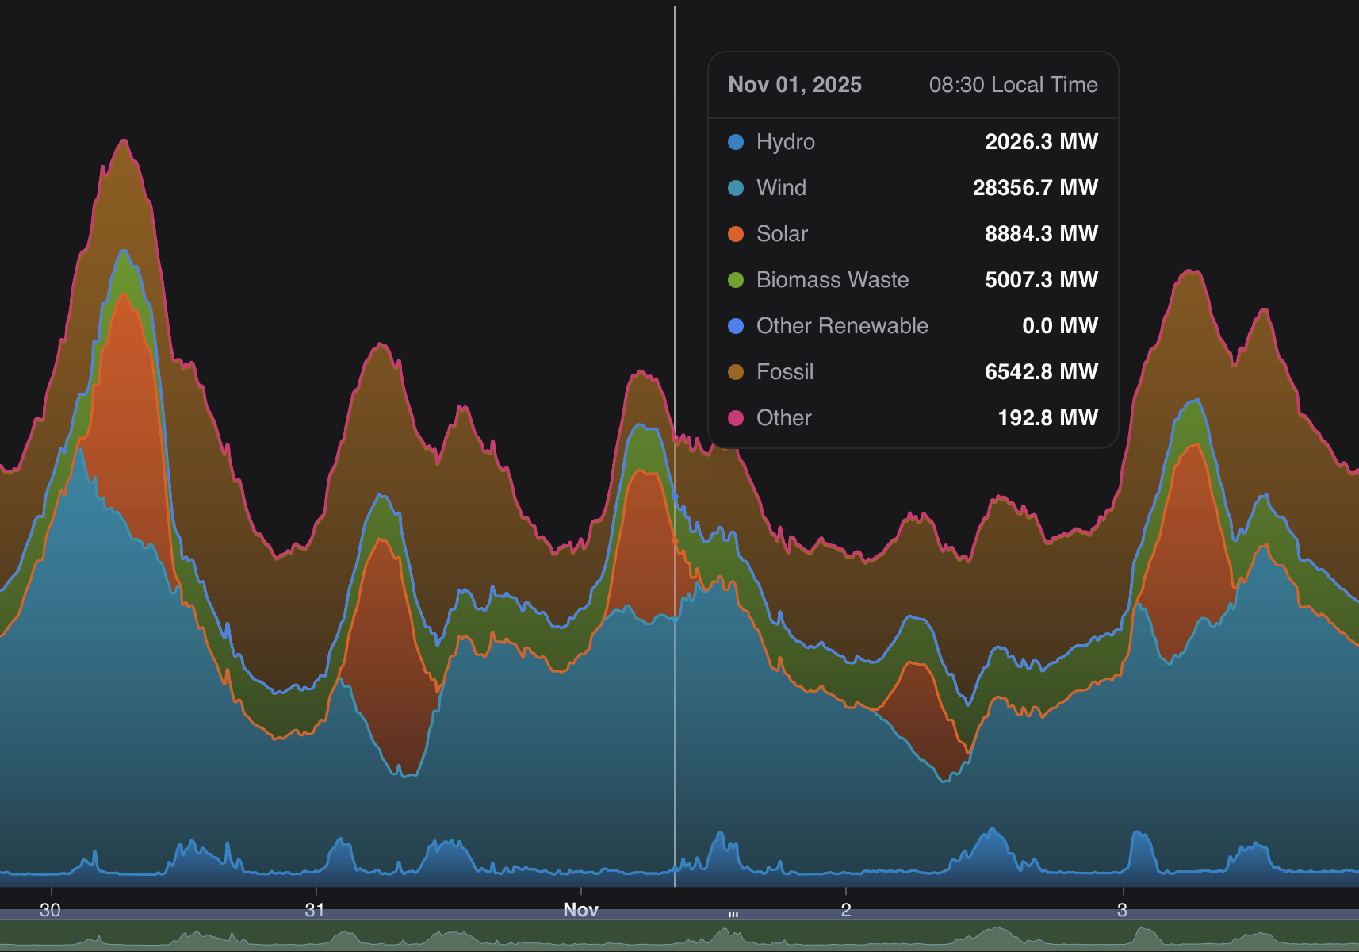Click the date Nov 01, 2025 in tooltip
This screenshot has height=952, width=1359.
pos(794,85)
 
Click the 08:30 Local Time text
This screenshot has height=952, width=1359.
pos(1013,85)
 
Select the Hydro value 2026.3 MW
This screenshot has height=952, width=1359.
pos(1041,142)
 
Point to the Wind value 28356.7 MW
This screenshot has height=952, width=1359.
pos(1035,188)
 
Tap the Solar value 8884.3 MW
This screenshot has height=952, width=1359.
pos(1041,234)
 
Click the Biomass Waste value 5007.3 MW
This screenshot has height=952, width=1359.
pos(1041,280)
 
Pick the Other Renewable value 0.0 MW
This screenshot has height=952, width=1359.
pos(1059,326)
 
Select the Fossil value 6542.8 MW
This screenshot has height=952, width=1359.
pos(1041,372)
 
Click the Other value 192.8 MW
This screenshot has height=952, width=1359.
pos(1047,418)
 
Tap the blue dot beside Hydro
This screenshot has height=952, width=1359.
pos(736,142)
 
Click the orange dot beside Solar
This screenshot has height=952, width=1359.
pos(736,234)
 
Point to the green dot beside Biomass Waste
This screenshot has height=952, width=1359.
pos(736,280)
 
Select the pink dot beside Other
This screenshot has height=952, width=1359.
pos(736,418)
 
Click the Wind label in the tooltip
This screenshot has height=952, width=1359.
pos(781,188)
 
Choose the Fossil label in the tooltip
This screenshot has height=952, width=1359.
pos(785,372)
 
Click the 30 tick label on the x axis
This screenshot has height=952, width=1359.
pos(50,910)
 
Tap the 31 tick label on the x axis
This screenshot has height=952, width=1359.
pos(315,910)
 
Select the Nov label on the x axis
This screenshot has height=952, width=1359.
pos(580,910)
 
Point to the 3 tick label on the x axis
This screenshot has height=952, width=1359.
pos(1122,910)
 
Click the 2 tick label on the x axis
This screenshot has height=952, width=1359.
pos(846,910)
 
